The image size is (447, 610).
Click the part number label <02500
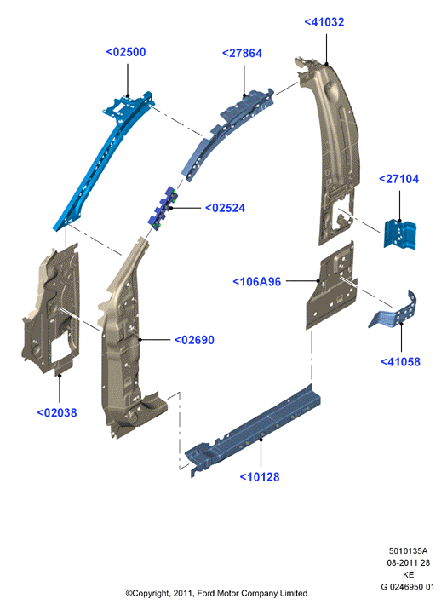coord(126,52)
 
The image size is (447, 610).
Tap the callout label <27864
coord(242,54)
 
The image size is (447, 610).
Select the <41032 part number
coord(324,22)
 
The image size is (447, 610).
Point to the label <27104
coord(398,179)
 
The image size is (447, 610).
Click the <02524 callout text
coord(225,208)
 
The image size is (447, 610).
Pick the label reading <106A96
coord(256,282)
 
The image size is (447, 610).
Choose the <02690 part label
coord(194,340)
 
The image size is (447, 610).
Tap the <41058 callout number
coord(400,362)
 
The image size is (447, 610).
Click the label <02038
coord(57,412)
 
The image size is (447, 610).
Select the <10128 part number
coord(259,477)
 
